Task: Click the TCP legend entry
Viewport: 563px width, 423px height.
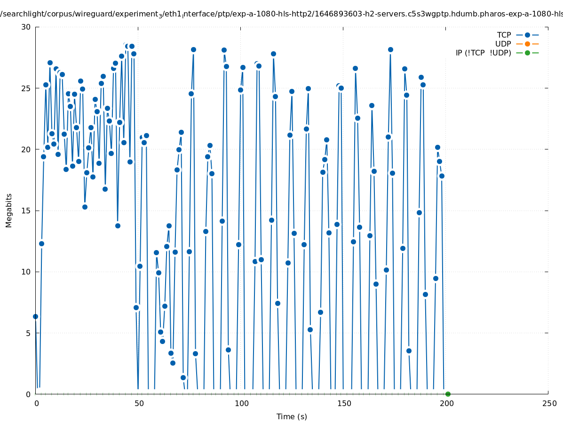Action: click(x=504, y=35)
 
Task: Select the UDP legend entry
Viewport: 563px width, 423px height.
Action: click(x=503, y=44)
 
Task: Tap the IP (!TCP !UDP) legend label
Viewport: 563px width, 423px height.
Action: click(x=483, y=53)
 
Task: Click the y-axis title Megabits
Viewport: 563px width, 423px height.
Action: click(x=9, y=210)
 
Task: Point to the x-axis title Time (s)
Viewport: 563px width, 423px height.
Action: click(x=292, y=416)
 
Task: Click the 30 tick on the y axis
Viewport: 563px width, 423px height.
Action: click(x=26, y=27)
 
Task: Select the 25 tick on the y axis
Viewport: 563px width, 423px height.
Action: click(x=26, y=88)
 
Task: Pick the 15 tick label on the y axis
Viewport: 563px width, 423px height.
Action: click(x=26, y=211)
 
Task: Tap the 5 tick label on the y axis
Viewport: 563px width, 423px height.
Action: click(x=28, y=333)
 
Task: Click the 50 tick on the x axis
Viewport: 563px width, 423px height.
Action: click(x=139, y=403)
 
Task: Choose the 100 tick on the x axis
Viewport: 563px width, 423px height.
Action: click(x=241, y=403)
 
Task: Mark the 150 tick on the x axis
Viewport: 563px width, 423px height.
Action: click(x=344, y=403)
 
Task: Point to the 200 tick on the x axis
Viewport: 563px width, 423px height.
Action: click(x=446, y=403)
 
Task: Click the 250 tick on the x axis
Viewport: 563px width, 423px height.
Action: click(x=548, y=403)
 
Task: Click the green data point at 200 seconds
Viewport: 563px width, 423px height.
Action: click(x=448, y=394)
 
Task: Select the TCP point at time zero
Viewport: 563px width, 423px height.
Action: click(x=35, y=316)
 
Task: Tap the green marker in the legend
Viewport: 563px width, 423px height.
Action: click(x=527, y=53)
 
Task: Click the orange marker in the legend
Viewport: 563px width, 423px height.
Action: click(x=527, y=44)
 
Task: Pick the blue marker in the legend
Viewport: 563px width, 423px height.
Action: click(x=527, y=35)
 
